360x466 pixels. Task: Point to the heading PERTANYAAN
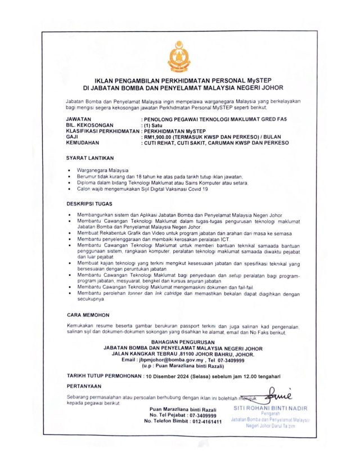point(84,386)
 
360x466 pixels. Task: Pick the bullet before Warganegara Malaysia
point(69,170)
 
